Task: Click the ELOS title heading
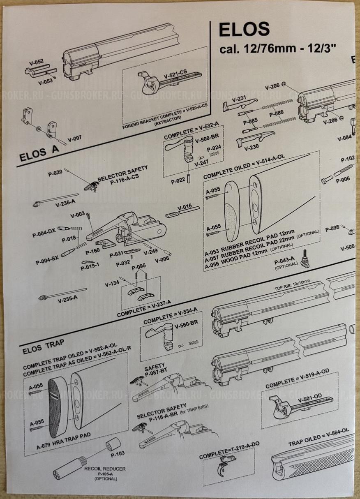point(244,30)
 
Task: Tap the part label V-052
point(36,62)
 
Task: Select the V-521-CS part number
point(175,76)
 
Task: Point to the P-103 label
point(118,454)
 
